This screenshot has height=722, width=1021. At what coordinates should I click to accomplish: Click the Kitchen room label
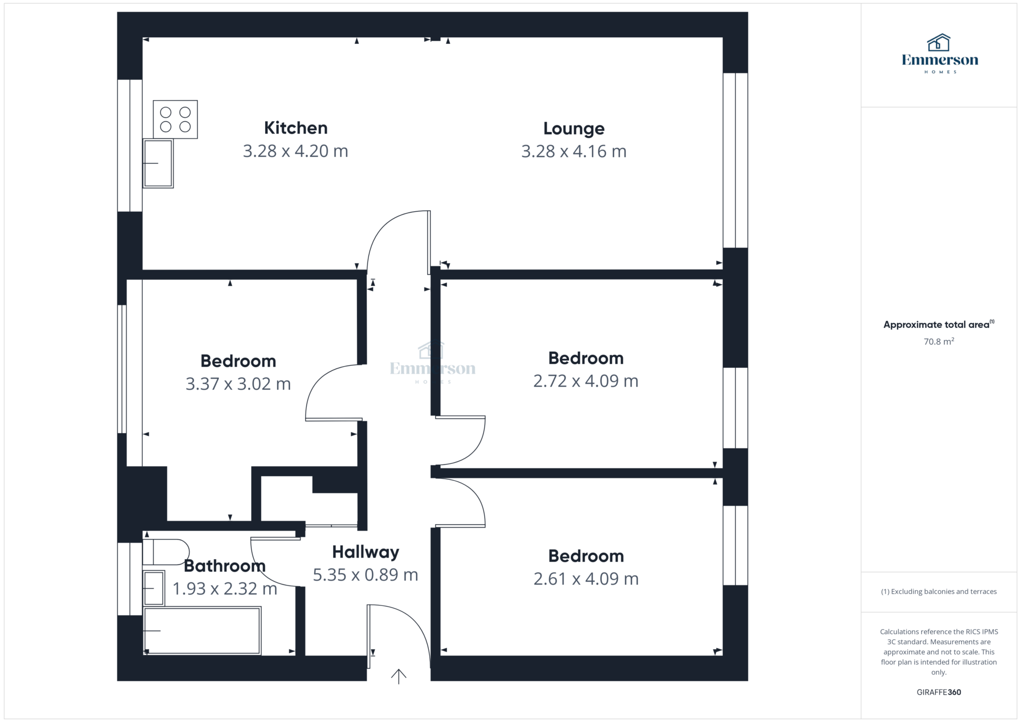coord(296,128)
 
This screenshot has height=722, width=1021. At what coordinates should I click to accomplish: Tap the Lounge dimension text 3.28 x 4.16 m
coord(574,151)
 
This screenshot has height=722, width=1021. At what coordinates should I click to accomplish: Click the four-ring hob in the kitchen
coord(175,120)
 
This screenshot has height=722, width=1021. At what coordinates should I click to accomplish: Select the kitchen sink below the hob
coord(158,163)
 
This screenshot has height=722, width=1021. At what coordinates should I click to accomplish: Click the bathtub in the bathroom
coord(202,630)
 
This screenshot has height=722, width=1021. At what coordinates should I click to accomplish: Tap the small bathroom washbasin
coord(154,588)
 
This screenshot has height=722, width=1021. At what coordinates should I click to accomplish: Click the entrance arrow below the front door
coord(398,676)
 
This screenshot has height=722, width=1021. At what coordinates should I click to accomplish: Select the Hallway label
coord(365,552)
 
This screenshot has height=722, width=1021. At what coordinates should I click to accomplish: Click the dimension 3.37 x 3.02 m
coord(238,384)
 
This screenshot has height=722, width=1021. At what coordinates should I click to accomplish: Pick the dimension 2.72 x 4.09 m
coord(586,381)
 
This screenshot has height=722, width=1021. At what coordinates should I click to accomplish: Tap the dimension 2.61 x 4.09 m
coord(586,579)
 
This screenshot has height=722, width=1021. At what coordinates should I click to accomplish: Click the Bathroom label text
coord(225,566)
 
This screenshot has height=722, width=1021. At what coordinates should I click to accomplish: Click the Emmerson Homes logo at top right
coord(940,54)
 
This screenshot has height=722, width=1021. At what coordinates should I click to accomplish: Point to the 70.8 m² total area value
coord(939,342)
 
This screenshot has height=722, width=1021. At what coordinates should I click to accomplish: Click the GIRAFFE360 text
coord(939,692)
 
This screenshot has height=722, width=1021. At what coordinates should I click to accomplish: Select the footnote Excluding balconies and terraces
coord(939,592)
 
